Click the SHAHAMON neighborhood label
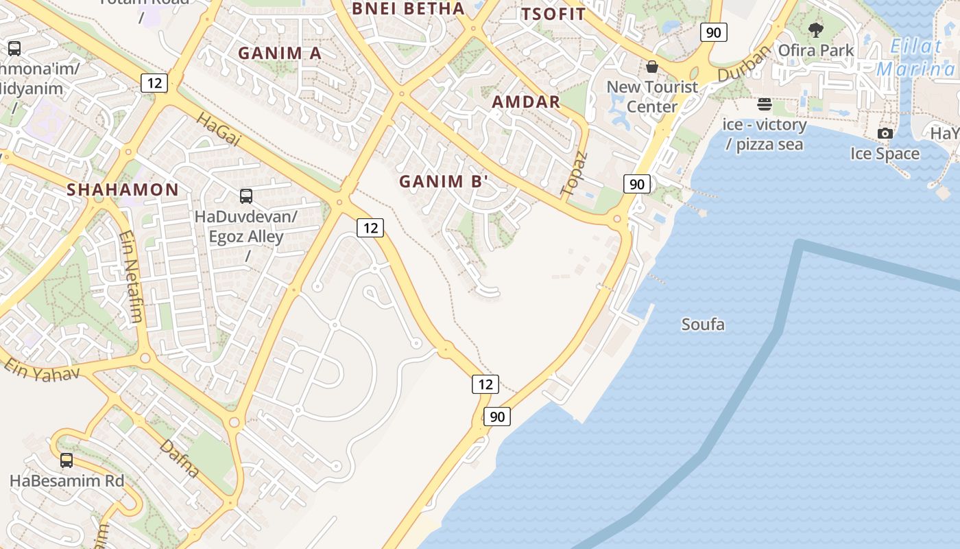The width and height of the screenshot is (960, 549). point(122,190)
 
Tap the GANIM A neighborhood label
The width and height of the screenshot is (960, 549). point(279,53)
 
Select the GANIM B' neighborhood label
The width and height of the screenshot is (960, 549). point(444,182)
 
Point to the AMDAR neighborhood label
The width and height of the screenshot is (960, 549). point(526,102)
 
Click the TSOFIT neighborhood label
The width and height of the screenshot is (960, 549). point(553,14)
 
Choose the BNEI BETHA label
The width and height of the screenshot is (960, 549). point(408,9)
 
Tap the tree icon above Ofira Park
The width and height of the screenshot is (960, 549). point(815,30)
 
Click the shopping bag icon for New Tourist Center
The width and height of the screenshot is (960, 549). point(652,67)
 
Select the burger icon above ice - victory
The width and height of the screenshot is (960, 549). point(765,105)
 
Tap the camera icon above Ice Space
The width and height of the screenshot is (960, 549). point(885,133)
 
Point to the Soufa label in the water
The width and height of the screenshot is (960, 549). point(703,324)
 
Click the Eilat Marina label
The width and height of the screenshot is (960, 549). point(915,58)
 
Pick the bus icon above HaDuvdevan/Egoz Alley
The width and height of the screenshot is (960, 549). point(246,196)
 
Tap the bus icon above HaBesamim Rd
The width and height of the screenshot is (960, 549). point(67,460)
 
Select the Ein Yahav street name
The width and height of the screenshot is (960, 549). point(41,369)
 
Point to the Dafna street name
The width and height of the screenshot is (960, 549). point(180,458)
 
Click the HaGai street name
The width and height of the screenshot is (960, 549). point(219,130)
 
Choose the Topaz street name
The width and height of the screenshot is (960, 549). point(574,173)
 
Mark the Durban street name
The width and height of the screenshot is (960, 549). point(745,65)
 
